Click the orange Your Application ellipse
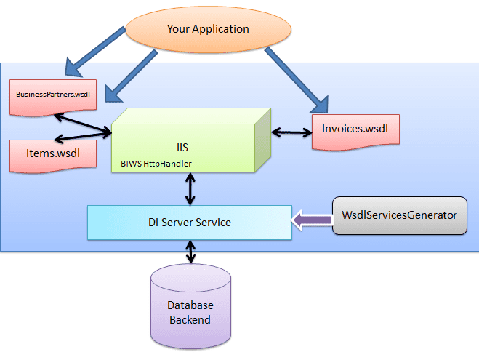tap(209, 30)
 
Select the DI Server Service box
tap(188, 222)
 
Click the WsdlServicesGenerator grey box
tap(399, 215)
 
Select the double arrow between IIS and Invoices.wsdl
tap(295, 132)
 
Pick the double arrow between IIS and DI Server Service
tap(190, 189)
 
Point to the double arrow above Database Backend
tap(190, 252)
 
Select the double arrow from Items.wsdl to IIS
tap(84, 136)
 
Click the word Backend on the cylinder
tap(190, 319)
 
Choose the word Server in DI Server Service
tap(190, 222)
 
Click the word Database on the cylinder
tap(190, 306)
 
